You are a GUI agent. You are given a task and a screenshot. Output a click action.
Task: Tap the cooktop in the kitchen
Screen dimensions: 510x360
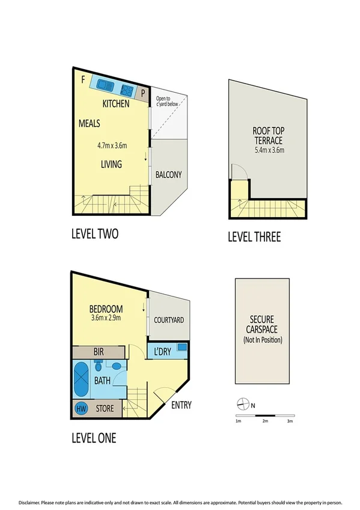127,91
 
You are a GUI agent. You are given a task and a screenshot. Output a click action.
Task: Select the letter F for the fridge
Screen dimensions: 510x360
83,78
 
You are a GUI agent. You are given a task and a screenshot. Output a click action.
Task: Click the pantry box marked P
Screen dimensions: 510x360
144,93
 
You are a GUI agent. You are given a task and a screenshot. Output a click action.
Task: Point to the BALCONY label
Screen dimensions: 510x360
168,175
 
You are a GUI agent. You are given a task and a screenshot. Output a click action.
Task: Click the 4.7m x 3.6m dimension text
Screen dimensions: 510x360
112,145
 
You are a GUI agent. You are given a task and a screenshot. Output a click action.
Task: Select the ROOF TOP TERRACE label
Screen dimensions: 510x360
268,135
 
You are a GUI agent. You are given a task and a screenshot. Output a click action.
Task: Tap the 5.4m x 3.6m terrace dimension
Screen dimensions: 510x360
268,150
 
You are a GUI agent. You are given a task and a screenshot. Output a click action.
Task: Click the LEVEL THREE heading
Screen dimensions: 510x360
254,237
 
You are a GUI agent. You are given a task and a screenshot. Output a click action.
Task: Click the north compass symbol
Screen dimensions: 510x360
242,404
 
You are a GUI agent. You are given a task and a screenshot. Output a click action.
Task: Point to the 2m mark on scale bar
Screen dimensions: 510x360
265,421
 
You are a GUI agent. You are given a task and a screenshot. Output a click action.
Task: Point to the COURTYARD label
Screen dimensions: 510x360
169,320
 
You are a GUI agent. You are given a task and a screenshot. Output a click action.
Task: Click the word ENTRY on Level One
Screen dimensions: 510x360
181,405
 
